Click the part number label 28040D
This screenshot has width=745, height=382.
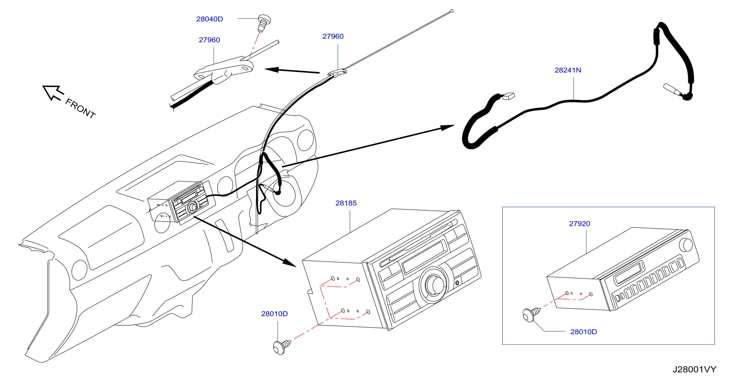(209, 19)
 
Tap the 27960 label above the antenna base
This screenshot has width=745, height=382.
(209, 40)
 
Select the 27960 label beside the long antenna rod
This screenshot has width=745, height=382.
(333, 37)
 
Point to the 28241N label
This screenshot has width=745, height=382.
(568, 70)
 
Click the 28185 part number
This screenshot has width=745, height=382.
(346, 203)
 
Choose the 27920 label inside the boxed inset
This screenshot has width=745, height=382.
(580, 224)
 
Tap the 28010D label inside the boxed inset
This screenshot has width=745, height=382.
(584, 332)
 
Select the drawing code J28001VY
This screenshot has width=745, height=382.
(694, 370)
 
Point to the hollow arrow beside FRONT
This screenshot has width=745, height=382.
(53, 93)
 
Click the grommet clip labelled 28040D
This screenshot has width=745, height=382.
(264, 23)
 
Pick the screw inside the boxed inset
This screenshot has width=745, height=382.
(531, 315)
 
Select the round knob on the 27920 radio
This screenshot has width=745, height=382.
(685, 245)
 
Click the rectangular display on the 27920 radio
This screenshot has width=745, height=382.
(629, 273)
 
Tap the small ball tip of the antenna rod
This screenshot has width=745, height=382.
(451, 11)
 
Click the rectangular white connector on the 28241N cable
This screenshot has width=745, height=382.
(509, 96)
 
